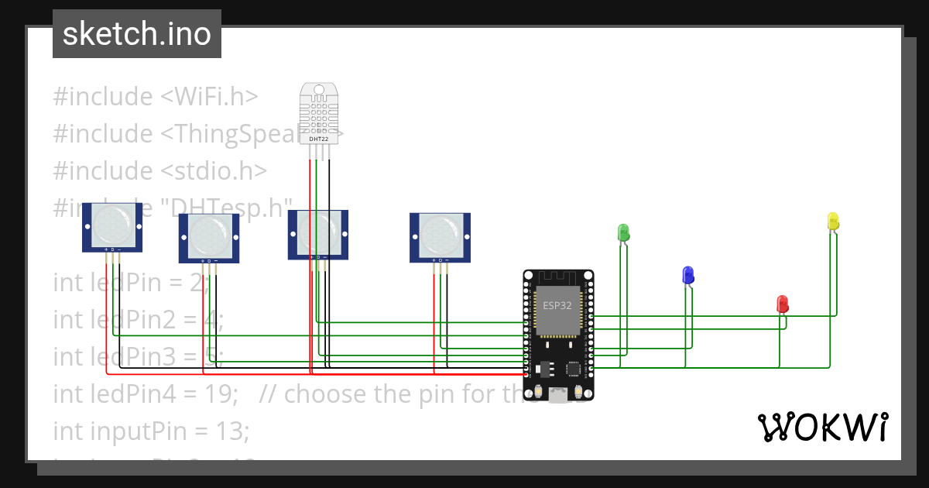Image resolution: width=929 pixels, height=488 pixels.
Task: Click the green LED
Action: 622,232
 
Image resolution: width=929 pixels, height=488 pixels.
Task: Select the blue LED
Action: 687,274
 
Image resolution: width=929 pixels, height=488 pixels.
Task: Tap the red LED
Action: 782,303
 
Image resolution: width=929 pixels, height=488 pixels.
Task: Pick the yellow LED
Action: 833,221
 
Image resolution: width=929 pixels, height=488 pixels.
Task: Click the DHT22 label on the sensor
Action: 319,139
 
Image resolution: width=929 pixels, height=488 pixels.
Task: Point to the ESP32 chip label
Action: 557,305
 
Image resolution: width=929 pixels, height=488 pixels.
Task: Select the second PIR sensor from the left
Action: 209,235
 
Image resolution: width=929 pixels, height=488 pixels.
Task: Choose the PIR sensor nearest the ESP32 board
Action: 440,233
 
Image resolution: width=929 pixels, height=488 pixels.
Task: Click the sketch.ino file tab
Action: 136,34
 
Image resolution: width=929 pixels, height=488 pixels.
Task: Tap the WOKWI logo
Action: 822,428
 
